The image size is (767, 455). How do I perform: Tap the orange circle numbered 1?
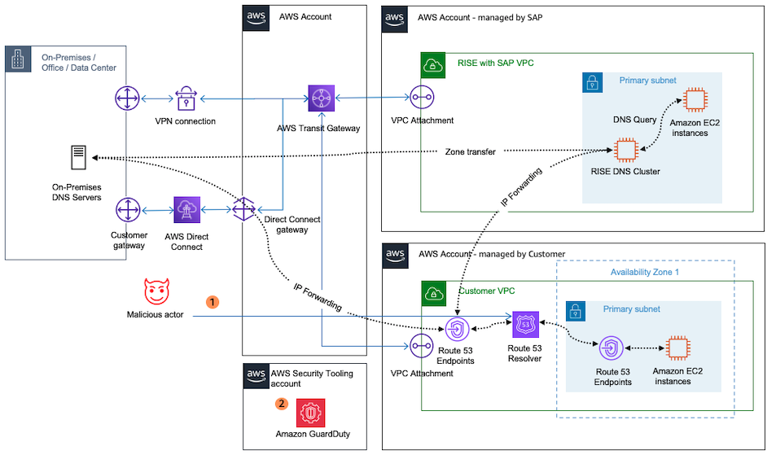(213, 302)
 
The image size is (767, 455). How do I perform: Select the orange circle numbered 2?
(282, 402)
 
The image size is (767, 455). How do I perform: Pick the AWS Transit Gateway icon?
(322, 98)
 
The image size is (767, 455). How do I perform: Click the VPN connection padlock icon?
(185, 99)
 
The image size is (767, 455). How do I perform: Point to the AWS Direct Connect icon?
(186, 210)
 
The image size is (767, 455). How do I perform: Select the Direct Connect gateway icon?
(243, 208)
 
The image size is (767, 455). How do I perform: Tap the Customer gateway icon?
(127, 210)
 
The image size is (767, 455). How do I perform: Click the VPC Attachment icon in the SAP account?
(421, 98)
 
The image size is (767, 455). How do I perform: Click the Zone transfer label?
(471, 152)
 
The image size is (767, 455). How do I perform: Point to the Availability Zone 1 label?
(644, 272)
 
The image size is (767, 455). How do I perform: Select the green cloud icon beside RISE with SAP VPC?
(433, 65)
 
